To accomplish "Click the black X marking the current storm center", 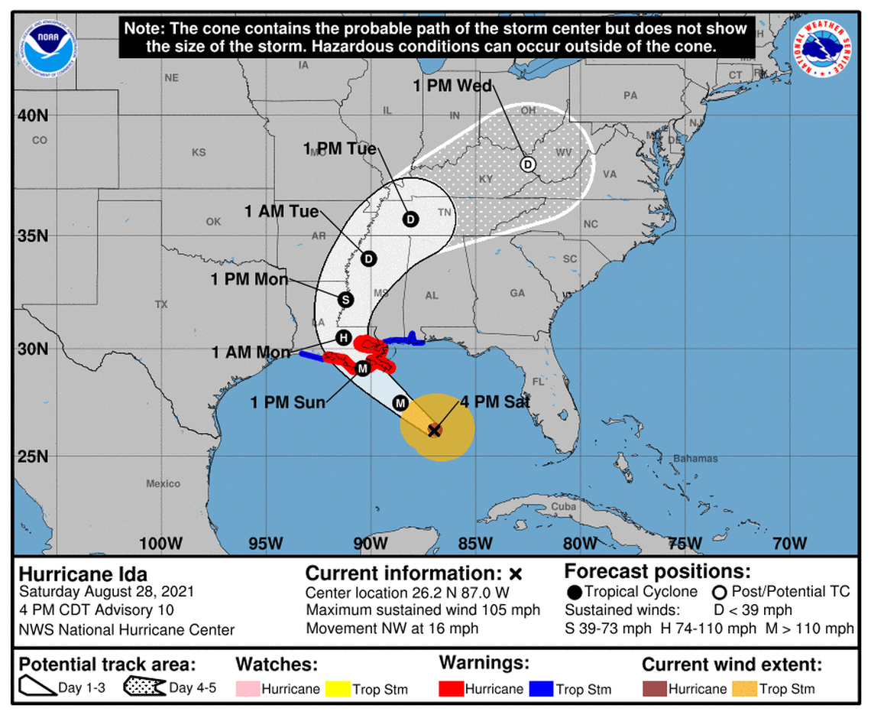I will pyautogui.click(x=435, y=431).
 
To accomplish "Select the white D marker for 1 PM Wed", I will pyautogui.click(x=527, y=164).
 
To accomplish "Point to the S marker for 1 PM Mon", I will pyautogui.click(x=345, y=299).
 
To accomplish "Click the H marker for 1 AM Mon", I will pyautogui.click(x=343, y=336).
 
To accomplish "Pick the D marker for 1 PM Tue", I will pyautogui.click(x=410, y=219).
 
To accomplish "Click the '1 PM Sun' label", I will pyautogui.click(x=287, y=402).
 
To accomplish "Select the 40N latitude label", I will pyautogui.click(x=33, y=115).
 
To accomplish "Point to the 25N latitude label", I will pyautogui.click(x=33, y=457).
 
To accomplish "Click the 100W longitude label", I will pyautogui.click(x=160, y=544).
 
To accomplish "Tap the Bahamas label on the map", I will pyautogui.click(x=695, y=459).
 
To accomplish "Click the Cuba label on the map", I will pyautogui.click(x=563, y=506).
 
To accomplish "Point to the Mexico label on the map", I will pyautogui.click(x=164, y=483).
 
